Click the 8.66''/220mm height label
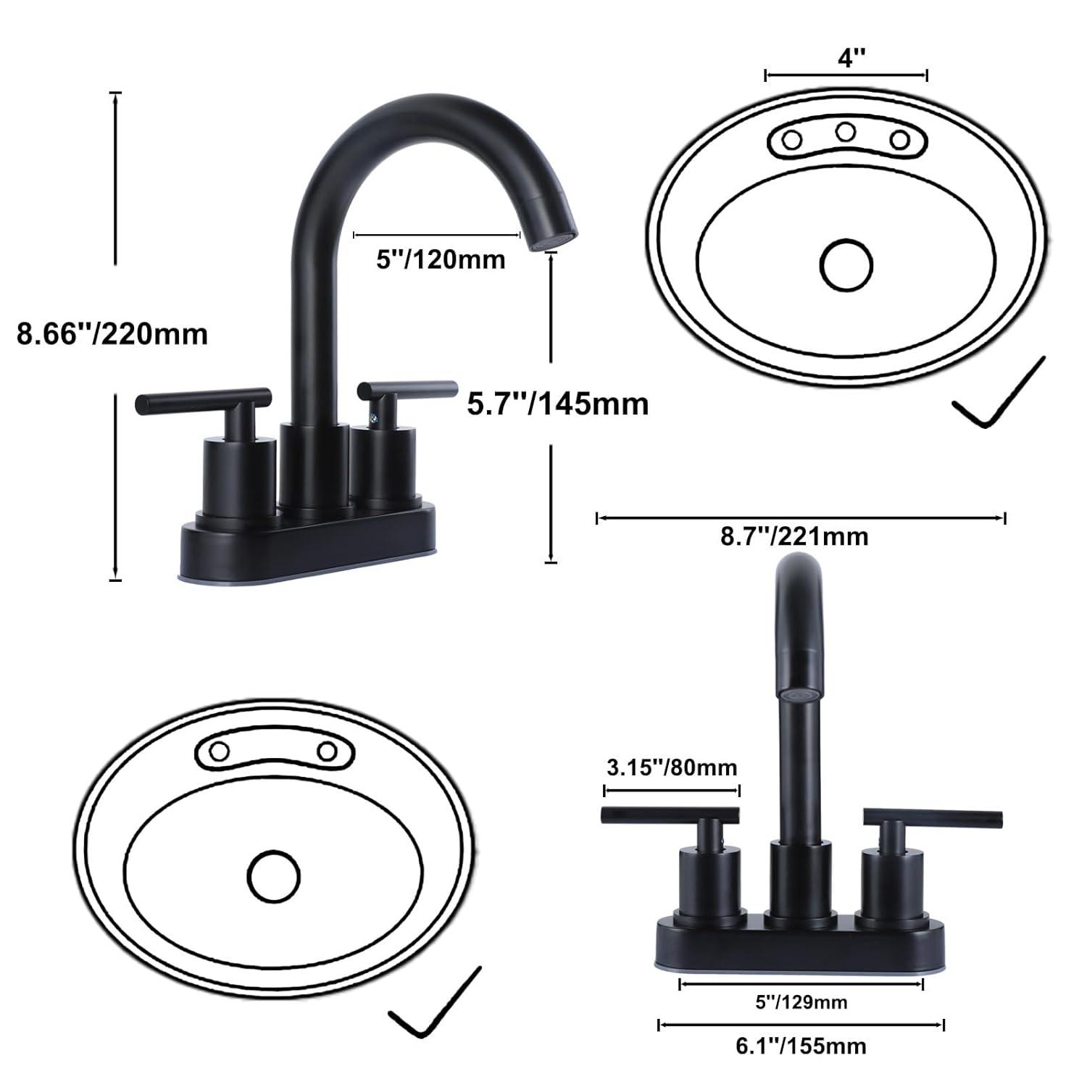coord(112,334)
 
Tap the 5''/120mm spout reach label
coord(440,259)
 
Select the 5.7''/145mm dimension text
coord(557,403)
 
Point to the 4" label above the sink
coord(846,57)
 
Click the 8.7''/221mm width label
coord(794,536)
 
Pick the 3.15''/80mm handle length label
coord(670,767)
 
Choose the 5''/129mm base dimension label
coord(800,1002)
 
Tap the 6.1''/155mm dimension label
coord(800,1046)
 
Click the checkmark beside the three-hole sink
coord(999,395)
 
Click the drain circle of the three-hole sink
coord(846,265)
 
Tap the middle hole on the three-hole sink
coord(846,132)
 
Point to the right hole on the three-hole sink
coord(899,139)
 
